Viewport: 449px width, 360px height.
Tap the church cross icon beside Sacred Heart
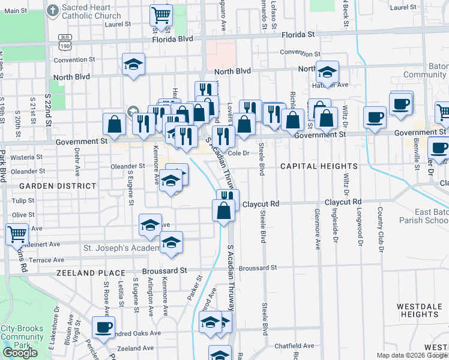pyautogui.click(x=52, y=10)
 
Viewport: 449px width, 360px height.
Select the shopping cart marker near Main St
pyautogui.click(x=160, y=14)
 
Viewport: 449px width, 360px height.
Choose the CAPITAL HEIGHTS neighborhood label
pyautogui.click(x=319, y=166)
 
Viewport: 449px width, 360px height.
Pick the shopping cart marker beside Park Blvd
pyautogui.click(x=17, y=233)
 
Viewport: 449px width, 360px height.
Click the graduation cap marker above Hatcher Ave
pyautogui.click(x=327, y=72)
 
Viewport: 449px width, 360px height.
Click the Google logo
pyautogui.click(x=20, y=353)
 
